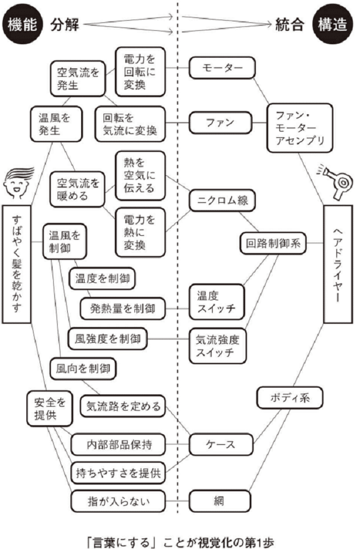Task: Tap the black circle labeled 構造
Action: [x=335, y=25]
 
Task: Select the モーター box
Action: [x=222, y=68]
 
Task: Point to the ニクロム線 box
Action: [x=222, y=199]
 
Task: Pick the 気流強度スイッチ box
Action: [x=217, y=346]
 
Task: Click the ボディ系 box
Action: [x=291, y=398]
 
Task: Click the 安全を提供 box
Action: [x=49, y=409]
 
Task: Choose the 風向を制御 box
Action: [x=83, y=369]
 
